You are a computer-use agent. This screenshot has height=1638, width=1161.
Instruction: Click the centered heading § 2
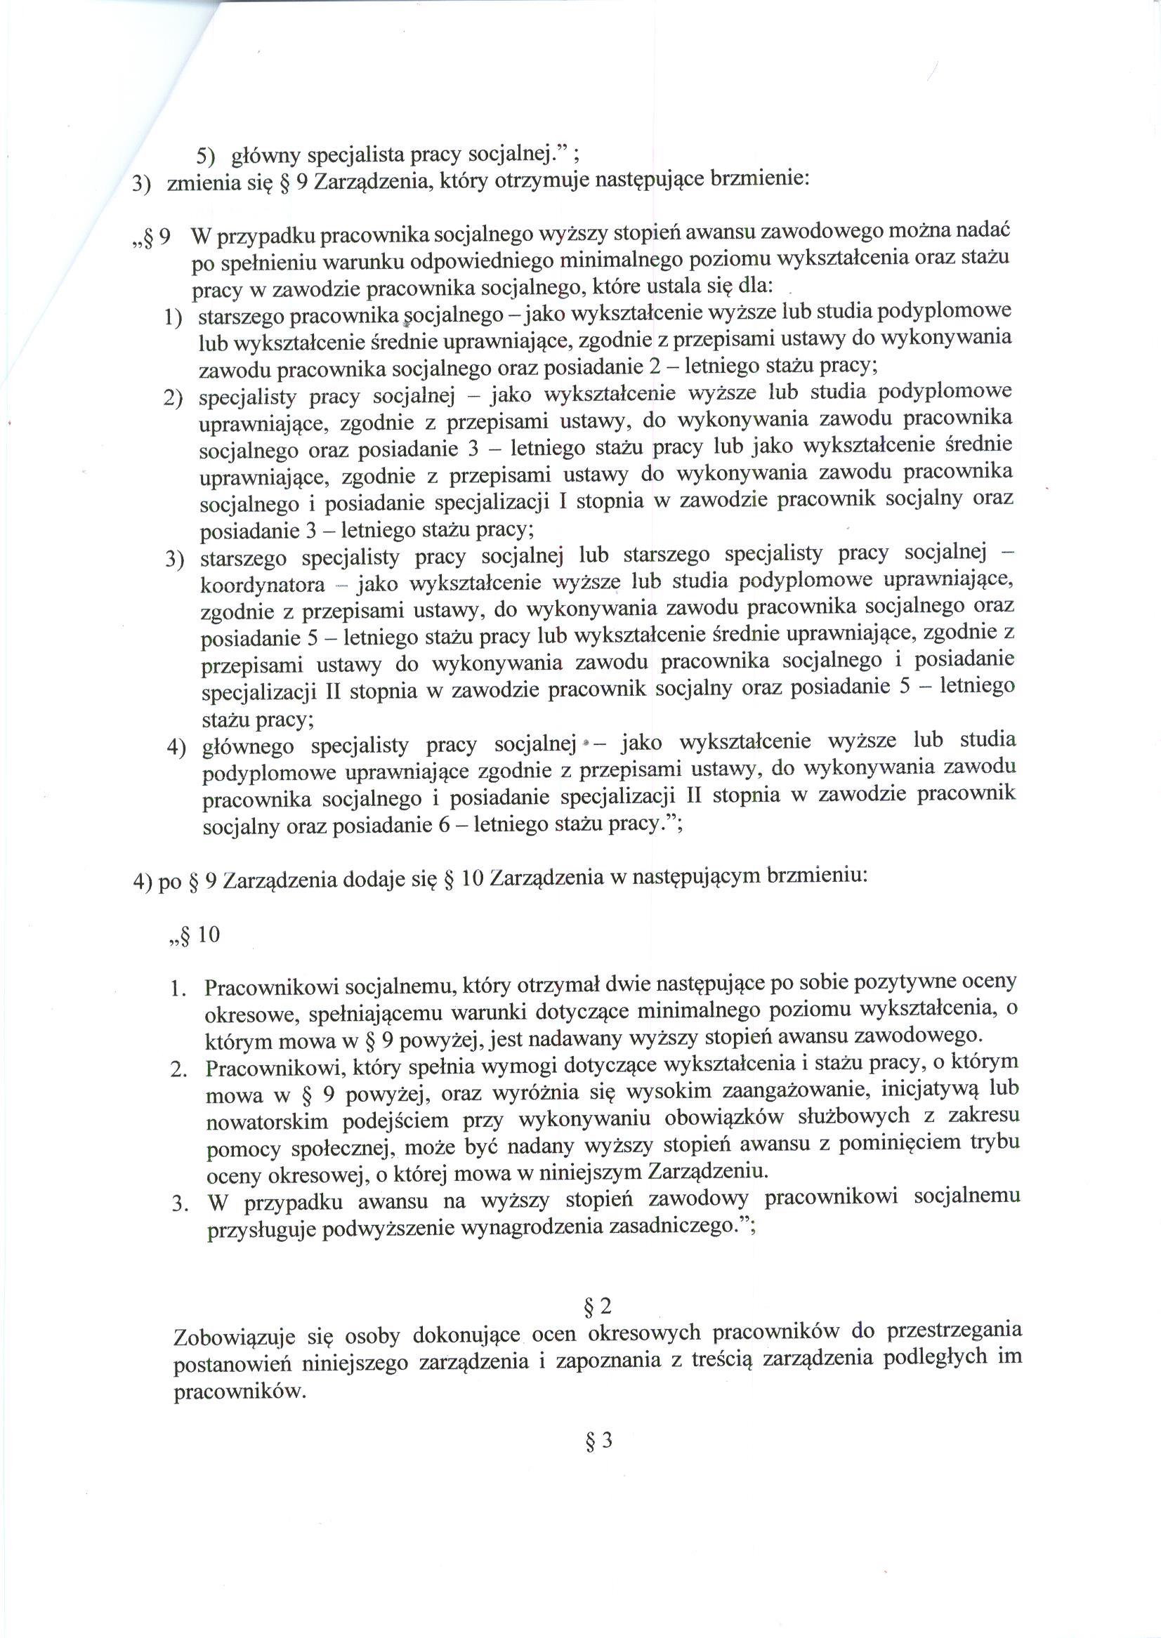(598, 1307)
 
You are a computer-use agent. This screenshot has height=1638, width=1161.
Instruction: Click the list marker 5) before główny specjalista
(206, 156)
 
